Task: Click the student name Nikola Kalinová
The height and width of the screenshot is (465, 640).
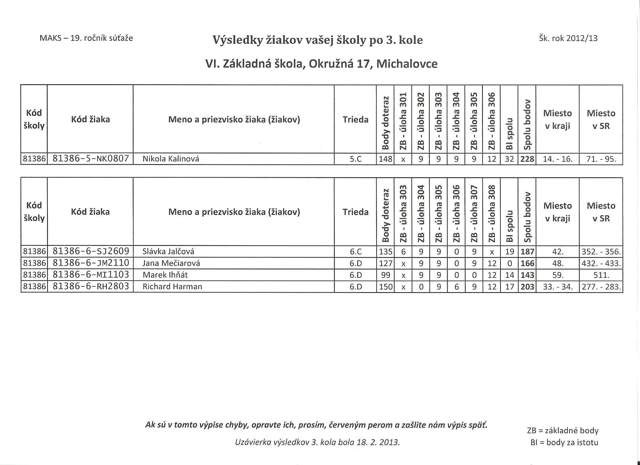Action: [171, 159]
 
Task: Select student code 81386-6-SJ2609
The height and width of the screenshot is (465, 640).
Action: [91, 251]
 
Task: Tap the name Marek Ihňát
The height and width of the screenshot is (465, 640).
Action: [165, 275]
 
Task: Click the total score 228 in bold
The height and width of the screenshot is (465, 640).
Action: [527, 159]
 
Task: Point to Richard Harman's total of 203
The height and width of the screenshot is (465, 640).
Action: [527, 287]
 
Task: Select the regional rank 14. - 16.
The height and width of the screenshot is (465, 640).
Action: [558, 159]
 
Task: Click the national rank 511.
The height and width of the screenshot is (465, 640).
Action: [601, 275]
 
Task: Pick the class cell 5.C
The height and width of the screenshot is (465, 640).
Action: [355, 159]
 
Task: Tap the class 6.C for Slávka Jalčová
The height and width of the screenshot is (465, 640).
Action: [355, 251]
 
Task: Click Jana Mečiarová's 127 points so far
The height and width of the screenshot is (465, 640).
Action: [385, 263]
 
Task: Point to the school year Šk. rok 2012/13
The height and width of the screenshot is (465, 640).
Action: [568, 38]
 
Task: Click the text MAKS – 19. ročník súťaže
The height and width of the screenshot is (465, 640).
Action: [86, 38]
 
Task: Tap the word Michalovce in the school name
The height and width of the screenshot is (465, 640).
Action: [407, 64]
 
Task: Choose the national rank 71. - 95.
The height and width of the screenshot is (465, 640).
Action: [601, 159]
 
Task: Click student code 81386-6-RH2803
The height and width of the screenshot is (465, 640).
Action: [91, 286]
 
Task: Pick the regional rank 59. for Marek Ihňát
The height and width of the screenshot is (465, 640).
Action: [558, 275]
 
